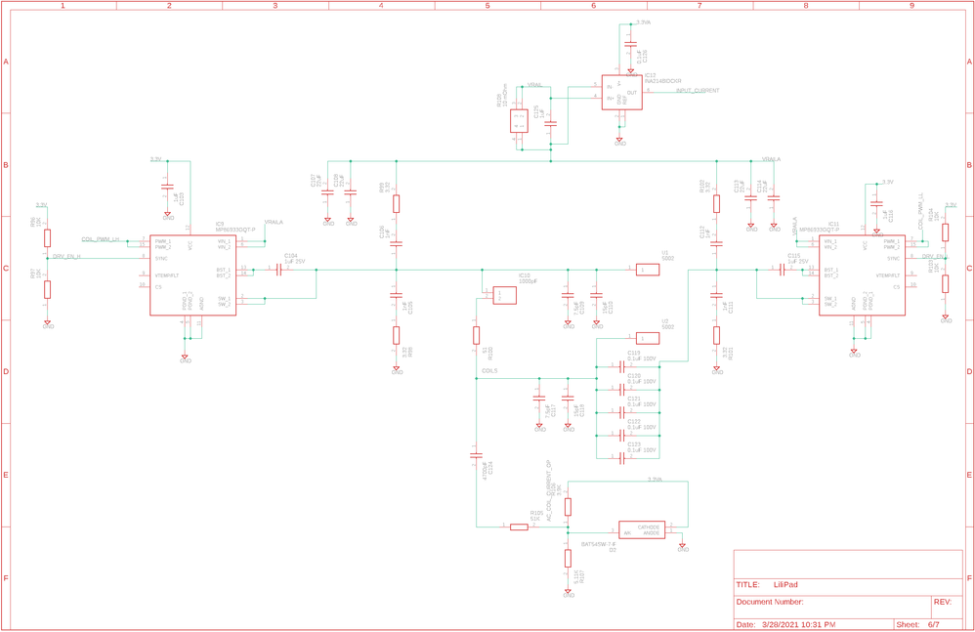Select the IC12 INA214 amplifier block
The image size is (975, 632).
[x=621, y=93]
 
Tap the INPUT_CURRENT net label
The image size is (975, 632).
[x=698, y=91]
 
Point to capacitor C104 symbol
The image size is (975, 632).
[x=278, y=270]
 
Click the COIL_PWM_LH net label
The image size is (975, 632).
[x=101, y=239]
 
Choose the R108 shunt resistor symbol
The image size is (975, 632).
[x=519, y=121]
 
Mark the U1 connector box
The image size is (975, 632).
[x=648, y=270]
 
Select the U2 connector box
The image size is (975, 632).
[x=648, y=338]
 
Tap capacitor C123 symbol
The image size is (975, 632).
[x=620, y=457]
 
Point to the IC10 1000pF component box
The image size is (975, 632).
[x=504, y=294]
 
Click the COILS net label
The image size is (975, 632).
[x=489, y=371]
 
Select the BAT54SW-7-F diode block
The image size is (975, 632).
[x=641, y=529]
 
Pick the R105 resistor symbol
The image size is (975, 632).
[x=520, y=527]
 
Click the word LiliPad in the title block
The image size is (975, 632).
[x=785, y=585]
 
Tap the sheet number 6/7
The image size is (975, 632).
[x=933, y=624]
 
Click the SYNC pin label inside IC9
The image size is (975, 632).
[x=161, y=259]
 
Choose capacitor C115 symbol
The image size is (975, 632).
[x=782, y=271]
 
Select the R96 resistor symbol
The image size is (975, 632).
[x=47, y=238]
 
